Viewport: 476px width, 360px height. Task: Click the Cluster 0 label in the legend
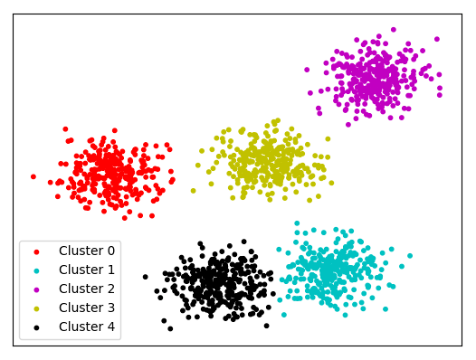tap(87, 251)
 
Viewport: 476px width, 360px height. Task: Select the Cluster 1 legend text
tap(87, 270)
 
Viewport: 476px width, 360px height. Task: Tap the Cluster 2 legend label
tap(87, 289)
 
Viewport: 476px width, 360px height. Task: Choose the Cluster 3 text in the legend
tap(87, 308)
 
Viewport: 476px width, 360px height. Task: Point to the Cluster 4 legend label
tap(87, 327)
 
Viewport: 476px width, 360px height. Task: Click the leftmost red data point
tap(33, 176)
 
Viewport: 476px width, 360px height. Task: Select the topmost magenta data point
tap(393, 30)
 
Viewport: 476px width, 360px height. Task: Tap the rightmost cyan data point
tap(410, 255)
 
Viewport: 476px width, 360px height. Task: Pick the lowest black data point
tap(169, 328)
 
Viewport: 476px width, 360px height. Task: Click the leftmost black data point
tap(145, 277)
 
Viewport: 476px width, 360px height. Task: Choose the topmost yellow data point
tap(275, 120)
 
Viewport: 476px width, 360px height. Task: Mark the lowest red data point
tap(125, 217)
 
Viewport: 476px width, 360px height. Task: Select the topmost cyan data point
tap(297, 222)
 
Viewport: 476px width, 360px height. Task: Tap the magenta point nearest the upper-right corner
tap(437, 39)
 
